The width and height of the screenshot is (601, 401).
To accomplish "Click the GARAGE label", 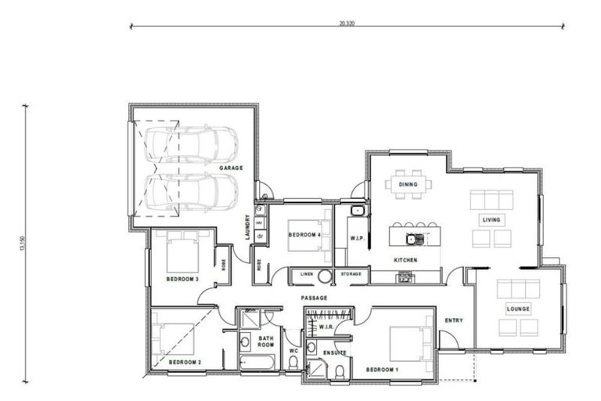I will (231, 168).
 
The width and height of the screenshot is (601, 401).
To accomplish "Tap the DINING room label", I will (408, 185).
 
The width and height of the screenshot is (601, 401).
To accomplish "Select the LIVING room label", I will (491, 220).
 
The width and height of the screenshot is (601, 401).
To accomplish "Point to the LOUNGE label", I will (518, 309).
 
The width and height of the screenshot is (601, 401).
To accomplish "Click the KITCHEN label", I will (405, 259).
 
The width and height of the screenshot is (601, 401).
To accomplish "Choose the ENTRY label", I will (454, 320).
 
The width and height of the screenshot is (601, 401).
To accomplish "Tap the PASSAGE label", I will (314, 298).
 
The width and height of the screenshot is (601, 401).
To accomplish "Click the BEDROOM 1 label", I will (381, 368).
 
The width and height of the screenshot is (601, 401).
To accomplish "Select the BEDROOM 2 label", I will (185, 362).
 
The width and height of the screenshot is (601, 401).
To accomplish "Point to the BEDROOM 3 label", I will (182, 279).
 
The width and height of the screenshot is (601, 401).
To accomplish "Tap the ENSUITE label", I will (335, 353).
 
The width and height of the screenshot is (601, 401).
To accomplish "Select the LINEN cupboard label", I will (306, 274).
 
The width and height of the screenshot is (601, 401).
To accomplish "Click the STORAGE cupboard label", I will (351, 274).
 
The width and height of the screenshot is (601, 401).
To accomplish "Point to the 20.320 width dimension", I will (347, 23).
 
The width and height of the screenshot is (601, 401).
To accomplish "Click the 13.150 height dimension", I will (23, 244).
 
